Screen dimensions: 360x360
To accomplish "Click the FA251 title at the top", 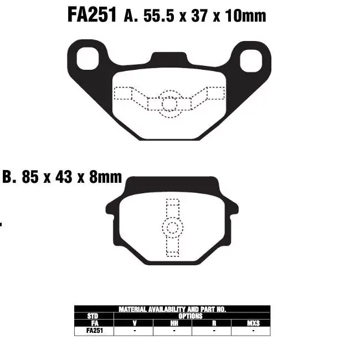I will click(91, 15).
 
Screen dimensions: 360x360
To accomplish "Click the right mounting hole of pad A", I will click(252, 58).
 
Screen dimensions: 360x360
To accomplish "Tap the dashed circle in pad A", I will click(169, 103).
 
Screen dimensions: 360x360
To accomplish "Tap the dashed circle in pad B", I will click(172, 228).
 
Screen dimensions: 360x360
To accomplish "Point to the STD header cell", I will click(93, 316).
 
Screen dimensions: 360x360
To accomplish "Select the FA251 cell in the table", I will click(93, 331).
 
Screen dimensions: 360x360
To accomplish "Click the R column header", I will click(213, 323).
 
